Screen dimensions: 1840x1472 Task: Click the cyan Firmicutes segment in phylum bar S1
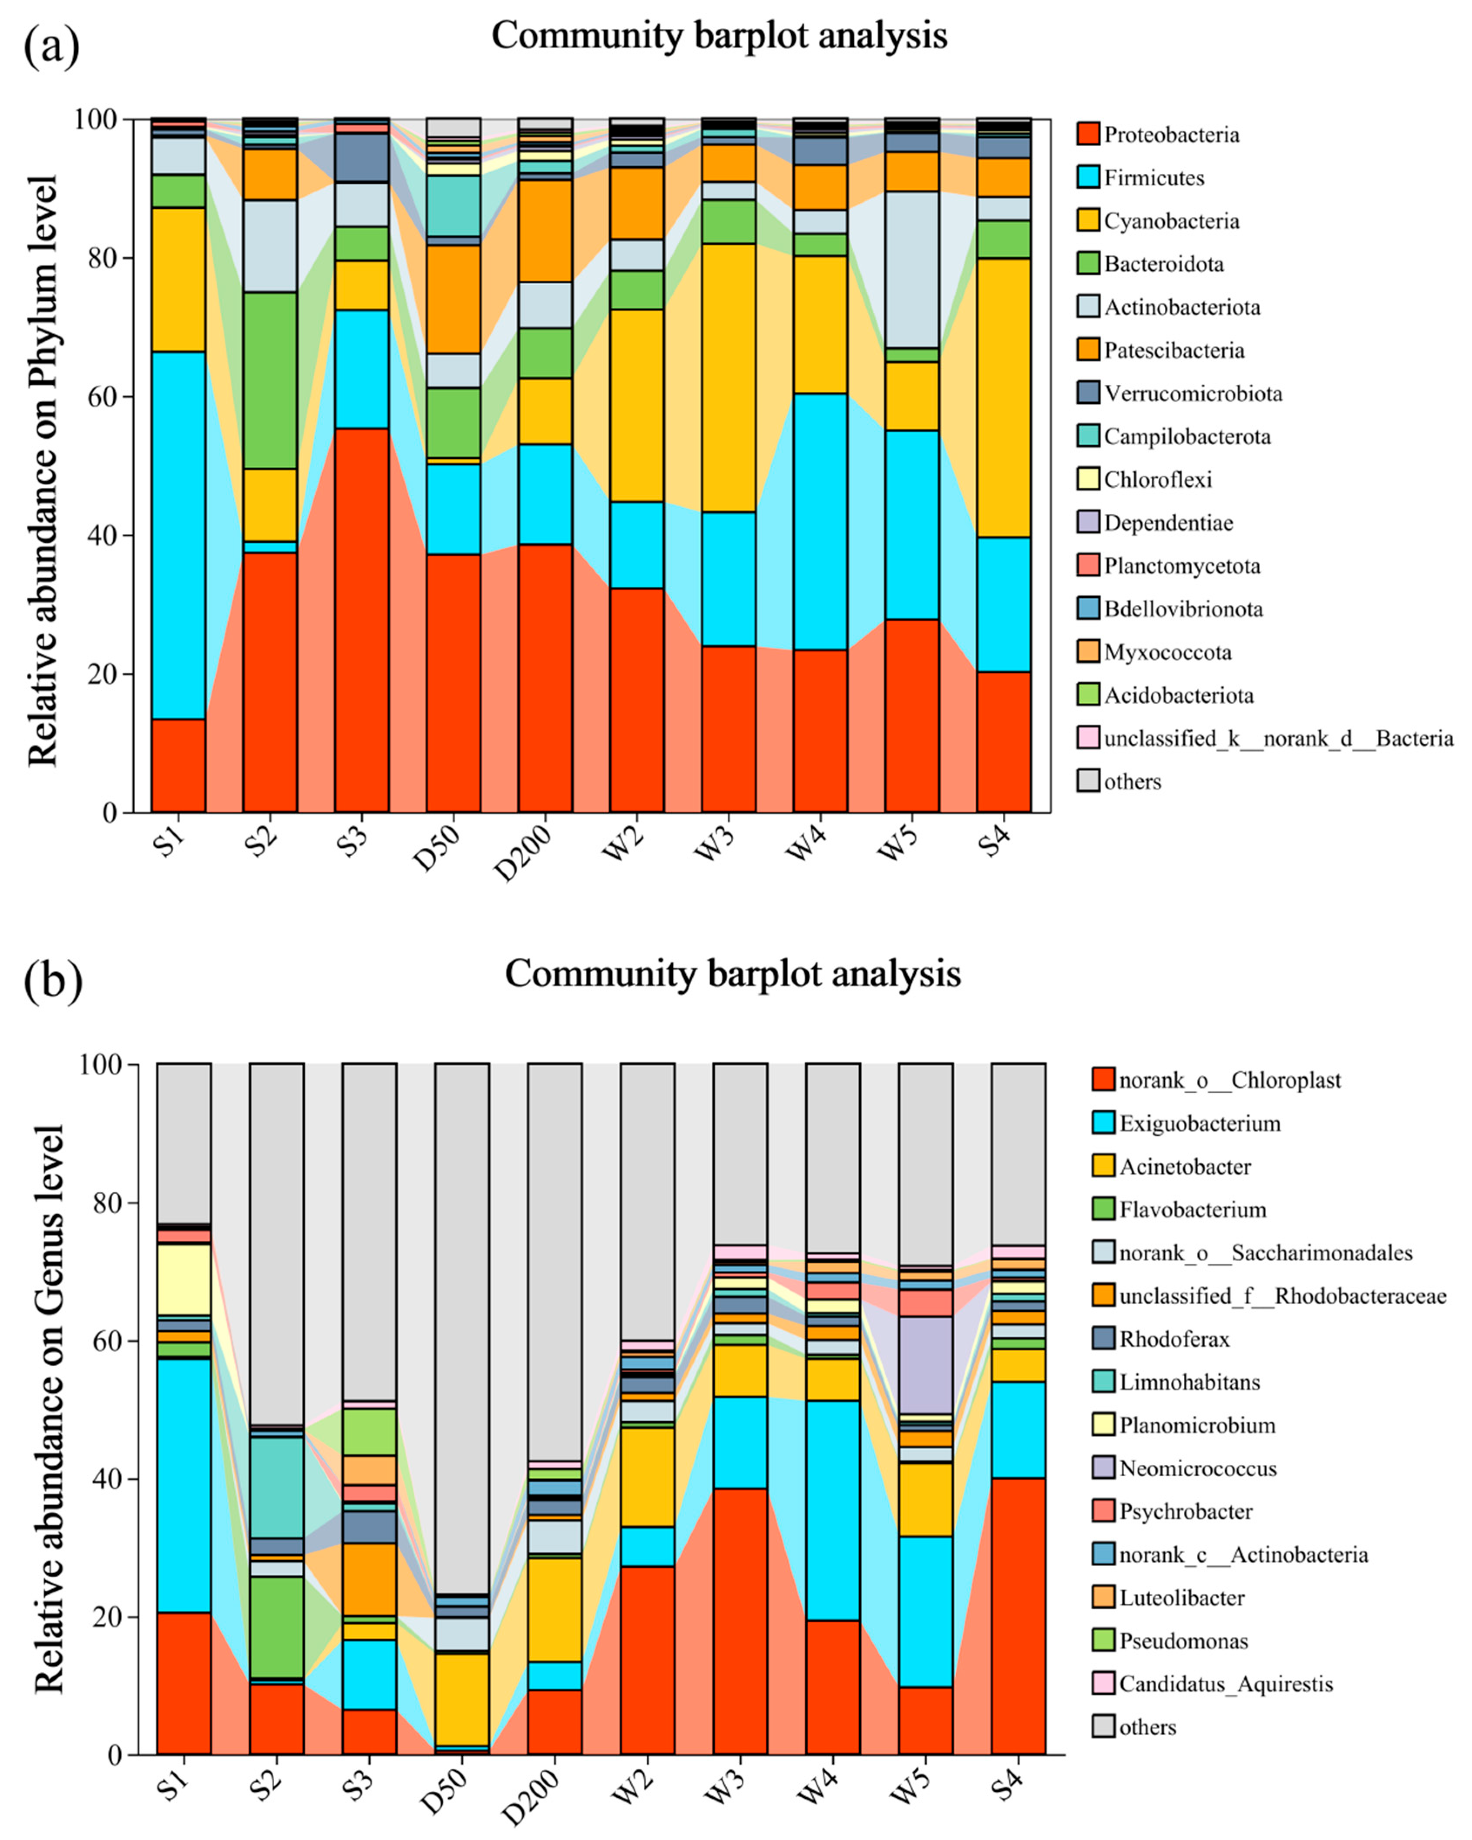pyautogui.click(x=178, y=535)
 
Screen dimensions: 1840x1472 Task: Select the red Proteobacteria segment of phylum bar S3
pyautogui.click(x=362, y=620)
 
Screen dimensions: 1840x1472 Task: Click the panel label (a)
pyautogui.click(x=51, y=47)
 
